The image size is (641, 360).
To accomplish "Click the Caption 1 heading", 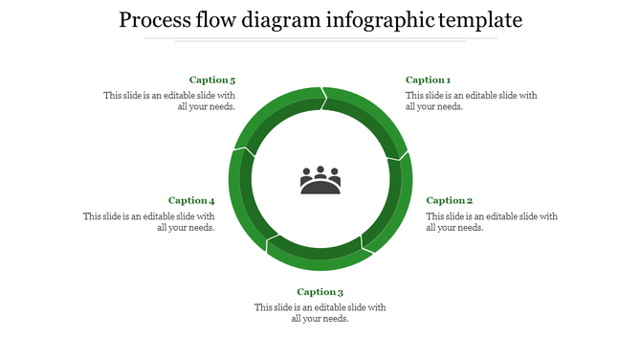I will [x=428, y=80].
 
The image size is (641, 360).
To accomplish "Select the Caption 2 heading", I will [x=449, y=201].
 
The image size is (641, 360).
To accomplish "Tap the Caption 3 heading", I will [x=320, y=292].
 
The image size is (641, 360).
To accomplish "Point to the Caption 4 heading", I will [x=191, y=201].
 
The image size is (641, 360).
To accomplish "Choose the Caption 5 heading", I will [x=212, y=80].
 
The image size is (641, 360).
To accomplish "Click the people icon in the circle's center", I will [x=320, y=180].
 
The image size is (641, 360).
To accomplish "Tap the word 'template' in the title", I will [x=478, y=20].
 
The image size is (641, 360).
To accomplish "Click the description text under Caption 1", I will [x=471, y=101].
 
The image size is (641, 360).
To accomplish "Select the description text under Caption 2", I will [x=491, y=221].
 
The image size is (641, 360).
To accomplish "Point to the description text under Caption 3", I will [x=320, y=312].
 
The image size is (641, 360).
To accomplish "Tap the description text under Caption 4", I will [x=149, y=221].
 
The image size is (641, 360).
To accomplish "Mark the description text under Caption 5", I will [x=170, y=101].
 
